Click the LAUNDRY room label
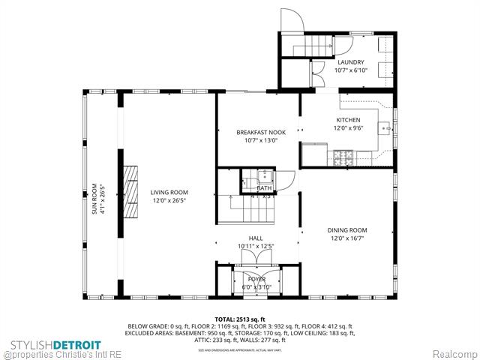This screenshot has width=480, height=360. coord(351,62)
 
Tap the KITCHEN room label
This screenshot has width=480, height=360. coord(348,120)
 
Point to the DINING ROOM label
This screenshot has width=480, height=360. coord(347,230)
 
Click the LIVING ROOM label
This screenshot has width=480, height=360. coord(169,192)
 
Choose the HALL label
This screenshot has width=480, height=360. coord(256,238)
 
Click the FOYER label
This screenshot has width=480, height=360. coord(256,279)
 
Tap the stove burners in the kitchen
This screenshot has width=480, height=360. coord(345,157)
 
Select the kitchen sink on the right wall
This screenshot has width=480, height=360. coord(388,129)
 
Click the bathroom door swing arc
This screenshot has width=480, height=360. coord(286,181)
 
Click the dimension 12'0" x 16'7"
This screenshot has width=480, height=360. coord(347,238)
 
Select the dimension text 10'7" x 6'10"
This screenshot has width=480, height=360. coord(351,70)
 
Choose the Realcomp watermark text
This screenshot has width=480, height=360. coord(452,352)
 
